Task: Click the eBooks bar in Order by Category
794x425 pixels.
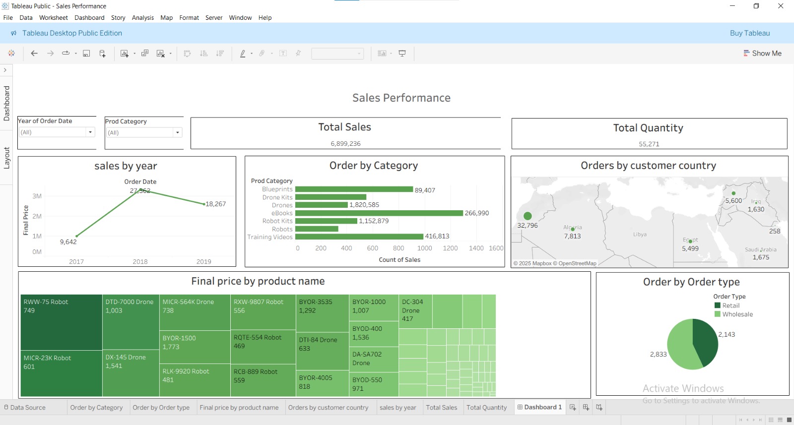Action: tap(379, 213)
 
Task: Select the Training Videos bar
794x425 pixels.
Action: tap(359, 237)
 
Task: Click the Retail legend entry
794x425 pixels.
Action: tap(730, 305)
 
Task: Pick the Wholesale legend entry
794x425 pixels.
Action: tap(737, 314)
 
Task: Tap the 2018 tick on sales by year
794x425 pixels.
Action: tap(140, 262)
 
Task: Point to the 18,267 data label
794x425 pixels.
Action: tap(215, 204)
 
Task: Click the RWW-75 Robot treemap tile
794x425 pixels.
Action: tap(61, 322)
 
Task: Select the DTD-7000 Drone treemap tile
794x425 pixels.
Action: tap(131, 321)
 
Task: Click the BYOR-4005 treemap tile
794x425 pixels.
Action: tap(322, 383)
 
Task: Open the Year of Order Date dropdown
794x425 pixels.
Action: tap(90, 132)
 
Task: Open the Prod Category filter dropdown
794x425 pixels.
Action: tap(177, 132)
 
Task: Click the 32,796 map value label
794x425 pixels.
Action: tap(527, 226)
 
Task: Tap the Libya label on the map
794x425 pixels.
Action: tap(640, 235)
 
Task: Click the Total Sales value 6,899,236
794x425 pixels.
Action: tap(345, 144)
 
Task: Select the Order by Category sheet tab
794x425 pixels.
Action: tap(96, 408)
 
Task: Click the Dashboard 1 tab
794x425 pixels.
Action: tap(539, 407)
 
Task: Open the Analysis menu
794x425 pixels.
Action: tap(142, 18)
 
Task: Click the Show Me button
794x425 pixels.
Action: tap(762, 54)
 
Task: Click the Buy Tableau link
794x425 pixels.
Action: tap(749, 33)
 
